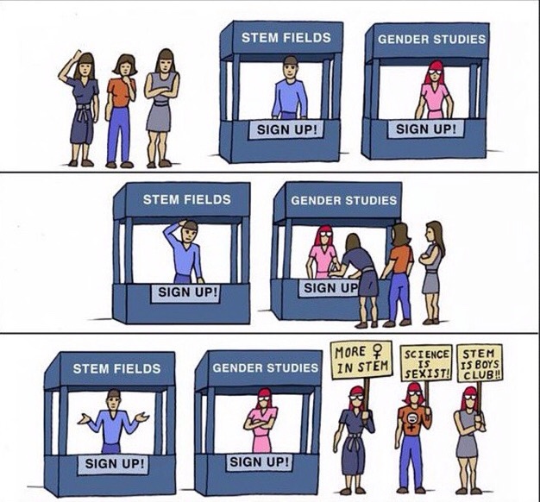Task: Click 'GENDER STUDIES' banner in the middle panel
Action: [x=343, y=200]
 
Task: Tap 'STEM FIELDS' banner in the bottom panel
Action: [x=116, y=368]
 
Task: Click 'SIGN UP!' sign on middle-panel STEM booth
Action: [x=187, y=291]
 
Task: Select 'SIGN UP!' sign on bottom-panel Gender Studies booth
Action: [x=260, y=461]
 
